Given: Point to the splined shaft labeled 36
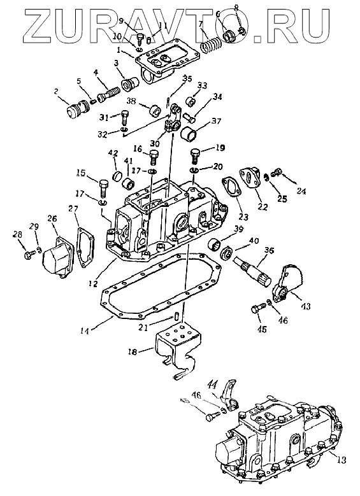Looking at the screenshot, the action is coord(253,271).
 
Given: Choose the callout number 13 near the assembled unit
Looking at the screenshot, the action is coord(342,460).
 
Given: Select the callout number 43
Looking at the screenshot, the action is coord(306,306).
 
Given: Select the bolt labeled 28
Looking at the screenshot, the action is coord(28,254).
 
